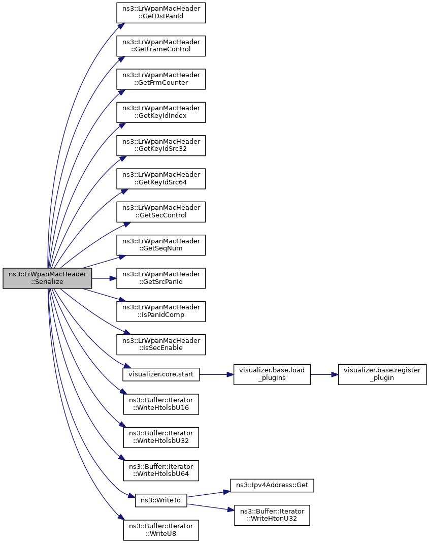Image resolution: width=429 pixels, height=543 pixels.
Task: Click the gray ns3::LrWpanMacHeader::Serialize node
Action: [47, 278]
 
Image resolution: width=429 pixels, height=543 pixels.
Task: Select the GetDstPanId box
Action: [161, 13]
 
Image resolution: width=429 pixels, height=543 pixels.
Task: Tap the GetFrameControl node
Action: [161, 46]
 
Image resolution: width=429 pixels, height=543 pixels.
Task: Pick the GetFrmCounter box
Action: [161, 79]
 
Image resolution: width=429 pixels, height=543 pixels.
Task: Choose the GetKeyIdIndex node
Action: [161, 112]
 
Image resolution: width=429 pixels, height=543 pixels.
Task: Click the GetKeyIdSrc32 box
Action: [161, 145]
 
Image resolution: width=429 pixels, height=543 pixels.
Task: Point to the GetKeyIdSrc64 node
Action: [161, 179]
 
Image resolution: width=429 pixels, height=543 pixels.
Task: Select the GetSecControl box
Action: [161, 212]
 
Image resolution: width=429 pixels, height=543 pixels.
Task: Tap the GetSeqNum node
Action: [161, 245]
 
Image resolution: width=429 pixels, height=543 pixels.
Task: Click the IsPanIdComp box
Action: [161, 311]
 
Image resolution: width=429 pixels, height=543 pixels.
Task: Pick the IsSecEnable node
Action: [161, 344]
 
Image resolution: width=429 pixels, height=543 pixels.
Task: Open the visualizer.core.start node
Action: [161, 374]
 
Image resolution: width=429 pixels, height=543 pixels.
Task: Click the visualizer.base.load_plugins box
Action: [272, 374]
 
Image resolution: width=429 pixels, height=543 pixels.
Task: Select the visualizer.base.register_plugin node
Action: [382, 374]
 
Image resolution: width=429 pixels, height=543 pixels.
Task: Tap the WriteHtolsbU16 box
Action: [161, 404]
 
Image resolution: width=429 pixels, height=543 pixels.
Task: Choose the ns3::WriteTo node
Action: [161, 500]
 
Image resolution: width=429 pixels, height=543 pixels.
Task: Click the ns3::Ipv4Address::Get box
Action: [272, 485]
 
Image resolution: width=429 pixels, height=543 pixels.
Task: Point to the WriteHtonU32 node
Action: [272, 515]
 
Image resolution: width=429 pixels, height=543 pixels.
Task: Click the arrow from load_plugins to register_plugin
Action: [324, 374]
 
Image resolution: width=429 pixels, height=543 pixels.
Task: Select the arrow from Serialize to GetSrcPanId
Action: [104, 278]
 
